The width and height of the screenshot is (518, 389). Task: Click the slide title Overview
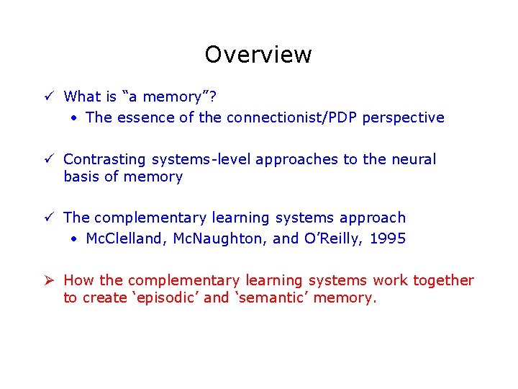(x=258, y=55)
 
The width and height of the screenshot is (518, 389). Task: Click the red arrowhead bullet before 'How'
(x=47, y=280)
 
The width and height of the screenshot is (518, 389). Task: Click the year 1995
(x=387, y=238)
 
